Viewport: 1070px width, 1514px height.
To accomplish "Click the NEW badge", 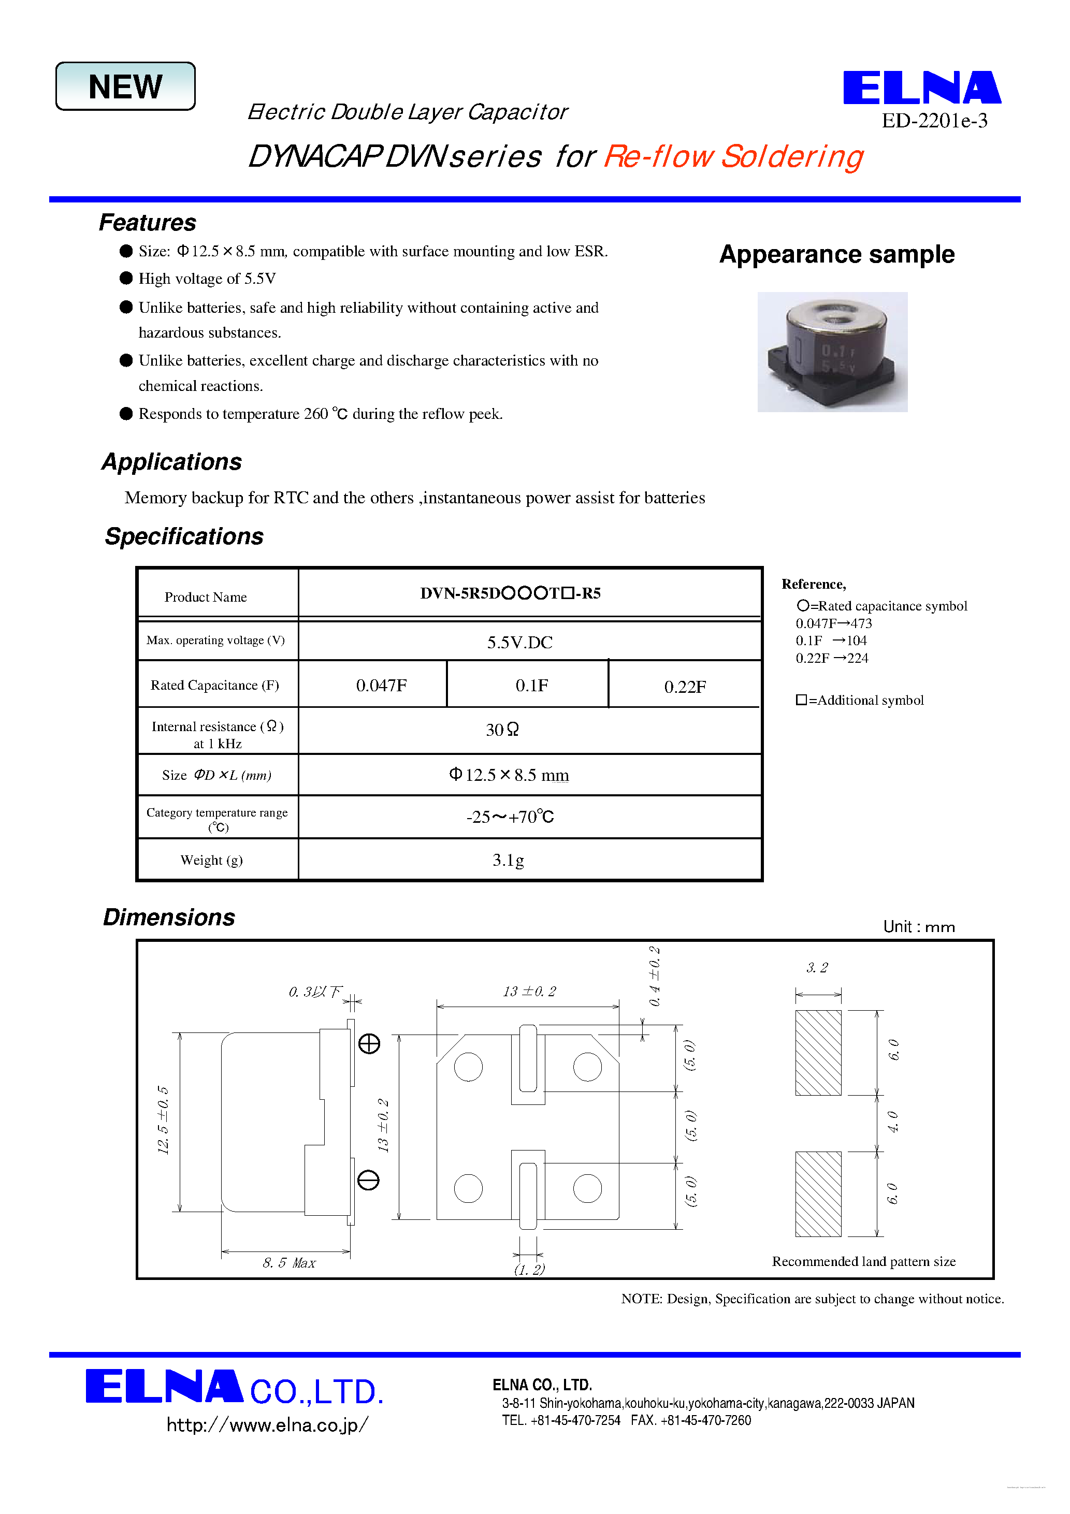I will click(125, 86).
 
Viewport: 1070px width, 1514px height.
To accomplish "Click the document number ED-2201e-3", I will click(934, 121).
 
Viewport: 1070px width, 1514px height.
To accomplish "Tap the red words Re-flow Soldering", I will click(733, 157).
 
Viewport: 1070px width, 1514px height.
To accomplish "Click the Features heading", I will click(147, 223).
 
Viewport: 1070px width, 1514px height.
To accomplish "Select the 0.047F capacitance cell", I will click(381, 686).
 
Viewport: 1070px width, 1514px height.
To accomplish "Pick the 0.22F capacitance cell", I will click(684, 687).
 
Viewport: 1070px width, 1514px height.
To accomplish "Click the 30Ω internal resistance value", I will click(502, 730).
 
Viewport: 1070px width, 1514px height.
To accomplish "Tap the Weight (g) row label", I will click(211, 860).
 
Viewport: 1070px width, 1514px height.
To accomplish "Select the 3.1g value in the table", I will click(508, 860).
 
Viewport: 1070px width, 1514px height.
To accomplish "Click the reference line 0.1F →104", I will click(831, 640).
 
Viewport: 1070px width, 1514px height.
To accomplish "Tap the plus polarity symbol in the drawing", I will click(369, 1044).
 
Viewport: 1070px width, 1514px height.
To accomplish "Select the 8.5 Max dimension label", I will click(289, 1263).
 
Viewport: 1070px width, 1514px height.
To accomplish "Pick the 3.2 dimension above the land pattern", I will click(817, 968).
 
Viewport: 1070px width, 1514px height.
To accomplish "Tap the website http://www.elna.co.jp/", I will click(267, 1425).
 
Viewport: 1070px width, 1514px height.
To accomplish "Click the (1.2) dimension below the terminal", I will click(529, 1270).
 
